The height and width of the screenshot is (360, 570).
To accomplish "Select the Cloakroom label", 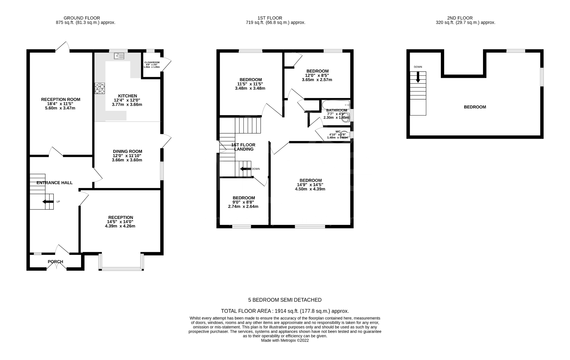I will pos(152,62).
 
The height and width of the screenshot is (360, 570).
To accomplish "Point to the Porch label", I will pos(56,262).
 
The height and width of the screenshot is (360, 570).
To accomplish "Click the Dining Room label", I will pos(127,151).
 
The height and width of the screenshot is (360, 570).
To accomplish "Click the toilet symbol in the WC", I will pos(344,135).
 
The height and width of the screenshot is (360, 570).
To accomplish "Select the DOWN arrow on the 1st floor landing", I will pos(245,169).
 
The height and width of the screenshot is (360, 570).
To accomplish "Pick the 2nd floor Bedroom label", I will pos(475,107).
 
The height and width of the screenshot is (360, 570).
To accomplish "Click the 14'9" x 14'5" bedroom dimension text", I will pos(310,184).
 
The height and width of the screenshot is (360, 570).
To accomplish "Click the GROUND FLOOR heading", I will pos(82,18).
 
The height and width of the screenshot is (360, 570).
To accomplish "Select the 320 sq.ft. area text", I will pos(465,22).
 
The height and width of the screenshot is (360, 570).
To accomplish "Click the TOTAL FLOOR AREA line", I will pos(285,311).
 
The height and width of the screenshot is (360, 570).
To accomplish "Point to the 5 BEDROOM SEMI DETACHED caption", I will pos(285,300).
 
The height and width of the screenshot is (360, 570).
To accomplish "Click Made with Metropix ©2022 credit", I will pos(285,340).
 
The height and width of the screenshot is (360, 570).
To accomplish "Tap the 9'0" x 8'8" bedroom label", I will pos(243,202).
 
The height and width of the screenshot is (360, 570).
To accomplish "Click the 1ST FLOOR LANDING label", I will pos(243,147).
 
